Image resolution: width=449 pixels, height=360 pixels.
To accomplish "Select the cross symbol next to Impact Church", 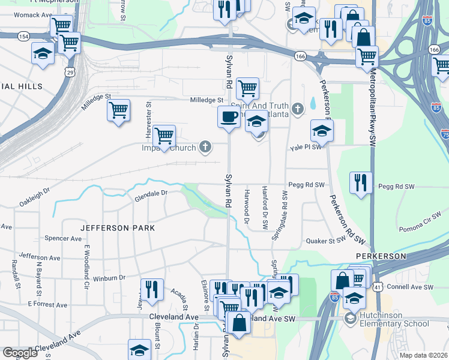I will tap(205, 146).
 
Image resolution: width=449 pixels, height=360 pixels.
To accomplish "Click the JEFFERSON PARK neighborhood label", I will tap(118, 228).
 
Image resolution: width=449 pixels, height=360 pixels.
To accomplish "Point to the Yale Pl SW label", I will tap(306, 147).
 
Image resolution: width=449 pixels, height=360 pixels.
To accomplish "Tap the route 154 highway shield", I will tap(23, 37).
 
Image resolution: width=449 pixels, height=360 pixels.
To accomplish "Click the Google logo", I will tap(20, 353).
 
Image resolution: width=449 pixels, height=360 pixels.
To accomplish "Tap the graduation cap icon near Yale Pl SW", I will tap(322, 131).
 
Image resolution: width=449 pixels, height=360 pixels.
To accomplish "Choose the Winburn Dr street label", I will tap(109, 278).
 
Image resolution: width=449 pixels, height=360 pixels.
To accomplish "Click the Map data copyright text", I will tap(423, 355).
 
